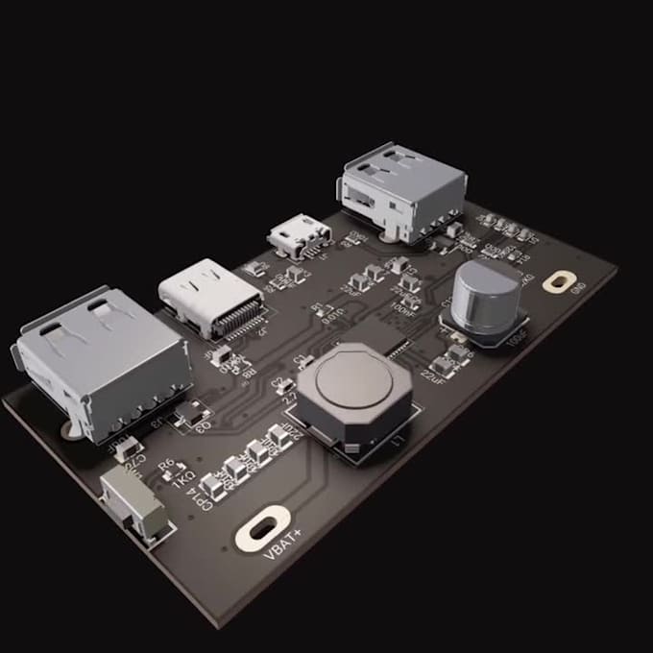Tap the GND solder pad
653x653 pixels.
(557, 281)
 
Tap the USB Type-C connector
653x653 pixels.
(206, 300)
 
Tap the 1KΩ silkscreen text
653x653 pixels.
(182, 476)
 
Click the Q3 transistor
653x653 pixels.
(192, 413)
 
